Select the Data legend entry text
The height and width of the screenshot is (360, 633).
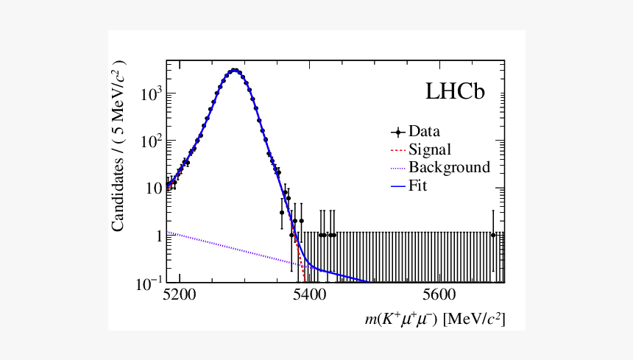coord(424,133)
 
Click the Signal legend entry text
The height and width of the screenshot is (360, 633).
coord(430,150)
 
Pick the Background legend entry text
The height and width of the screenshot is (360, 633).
coord(449,168)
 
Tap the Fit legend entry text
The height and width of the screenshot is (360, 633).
coord(418,186)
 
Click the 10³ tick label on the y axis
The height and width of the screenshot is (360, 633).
coord(150,93)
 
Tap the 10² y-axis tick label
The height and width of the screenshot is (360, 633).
coord(150,140)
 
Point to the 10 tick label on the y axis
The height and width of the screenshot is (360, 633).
coord(152,188)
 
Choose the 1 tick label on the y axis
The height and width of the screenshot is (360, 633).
coord(156,236)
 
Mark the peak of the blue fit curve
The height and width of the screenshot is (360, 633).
coord(234,70)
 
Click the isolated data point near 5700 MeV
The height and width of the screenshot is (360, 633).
coord(493,235)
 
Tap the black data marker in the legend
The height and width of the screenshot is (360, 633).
coord(398,133)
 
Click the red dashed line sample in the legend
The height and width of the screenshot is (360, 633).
coord(398,150)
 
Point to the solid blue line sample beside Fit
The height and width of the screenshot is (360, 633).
coord(398,186)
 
